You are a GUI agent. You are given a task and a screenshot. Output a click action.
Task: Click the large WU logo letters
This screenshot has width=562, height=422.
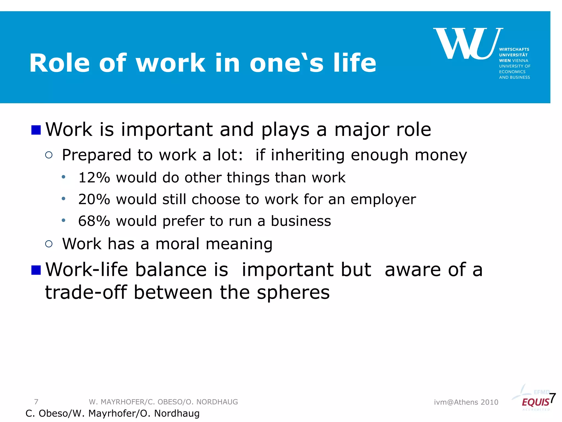(x=468, y=44)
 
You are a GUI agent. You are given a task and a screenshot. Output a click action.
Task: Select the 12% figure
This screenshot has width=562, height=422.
(x=94, y=177)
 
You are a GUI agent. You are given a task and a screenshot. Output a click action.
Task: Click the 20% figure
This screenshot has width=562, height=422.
(x=94, y=199)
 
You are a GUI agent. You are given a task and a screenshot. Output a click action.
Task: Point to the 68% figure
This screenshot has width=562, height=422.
(x=94, y=221)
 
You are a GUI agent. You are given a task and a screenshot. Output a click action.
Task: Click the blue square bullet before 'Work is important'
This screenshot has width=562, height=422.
(x=36, y=130)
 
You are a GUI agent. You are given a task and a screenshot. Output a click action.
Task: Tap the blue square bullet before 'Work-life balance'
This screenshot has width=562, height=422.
(x=36, y=270)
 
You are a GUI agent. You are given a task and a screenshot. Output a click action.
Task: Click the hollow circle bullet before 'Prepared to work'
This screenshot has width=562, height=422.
(x=49, y=155)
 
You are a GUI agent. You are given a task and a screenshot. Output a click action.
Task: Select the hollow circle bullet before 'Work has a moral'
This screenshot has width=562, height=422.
(x=49, y=244)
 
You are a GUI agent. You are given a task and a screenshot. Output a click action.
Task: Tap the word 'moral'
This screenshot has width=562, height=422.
(x=177, y=244)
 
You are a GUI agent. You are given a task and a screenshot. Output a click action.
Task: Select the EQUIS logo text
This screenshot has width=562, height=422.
(x=535, y=402)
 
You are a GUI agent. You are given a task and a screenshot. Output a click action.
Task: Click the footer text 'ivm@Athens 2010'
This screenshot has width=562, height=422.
(x=466, y=402)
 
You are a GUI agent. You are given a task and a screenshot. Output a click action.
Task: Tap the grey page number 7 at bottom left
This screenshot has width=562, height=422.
(x=36, y=402)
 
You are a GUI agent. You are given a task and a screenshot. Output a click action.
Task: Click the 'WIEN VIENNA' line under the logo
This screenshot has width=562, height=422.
(x=513, y=60)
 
